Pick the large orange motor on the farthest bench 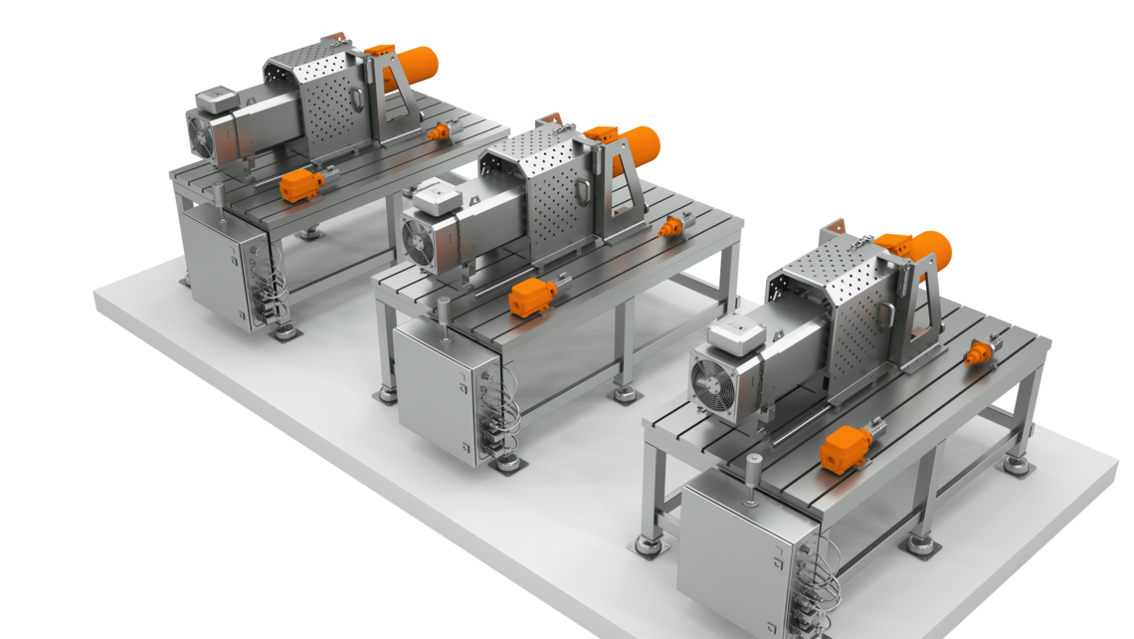point(414,62)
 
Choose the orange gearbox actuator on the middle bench point(532,297)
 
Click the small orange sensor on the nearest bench point(979,351)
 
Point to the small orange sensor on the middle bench point(672,228)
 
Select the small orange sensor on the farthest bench point(438,130)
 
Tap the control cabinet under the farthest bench point(214,264)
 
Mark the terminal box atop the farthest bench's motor point(216,100)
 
